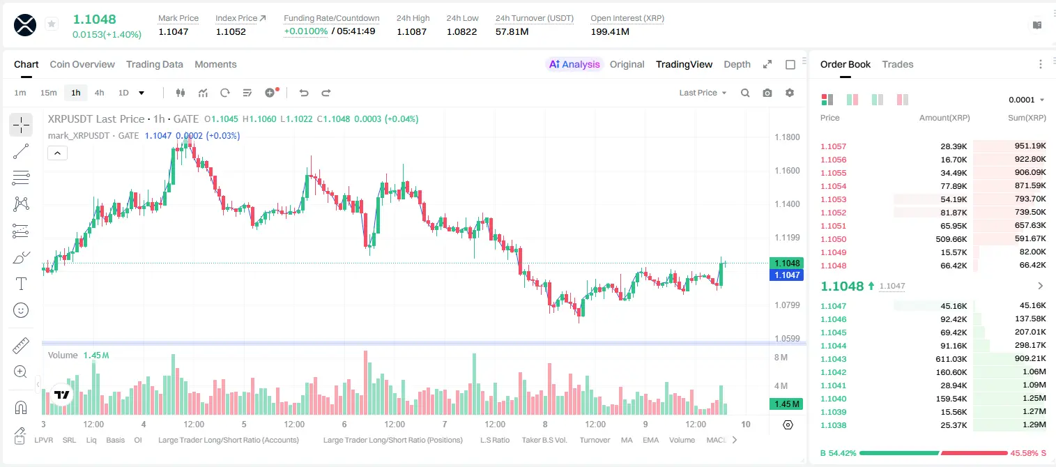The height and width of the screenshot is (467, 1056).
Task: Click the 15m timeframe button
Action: (49, 93)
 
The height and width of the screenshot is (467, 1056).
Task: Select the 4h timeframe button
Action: (99, 93)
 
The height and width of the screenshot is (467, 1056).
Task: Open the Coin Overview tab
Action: (82, 65)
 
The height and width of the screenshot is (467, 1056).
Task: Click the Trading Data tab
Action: (155, 65)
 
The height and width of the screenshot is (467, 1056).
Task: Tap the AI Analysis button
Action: (574, 65)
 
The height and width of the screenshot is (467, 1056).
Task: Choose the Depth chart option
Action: (737, 65)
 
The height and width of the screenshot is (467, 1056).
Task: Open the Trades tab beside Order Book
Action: (898, 65)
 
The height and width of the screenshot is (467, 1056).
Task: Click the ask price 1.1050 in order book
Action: (834, 239)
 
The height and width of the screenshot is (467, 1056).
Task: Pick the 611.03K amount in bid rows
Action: (951, 359)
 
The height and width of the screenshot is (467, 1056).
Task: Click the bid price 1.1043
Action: (834, 359)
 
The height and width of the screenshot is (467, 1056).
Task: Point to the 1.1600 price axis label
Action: (787, 171)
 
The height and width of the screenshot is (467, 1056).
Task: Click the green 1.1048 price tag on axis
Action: (787, 263)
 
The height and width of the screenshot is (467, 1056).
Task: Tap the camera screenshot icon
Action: (767, 93)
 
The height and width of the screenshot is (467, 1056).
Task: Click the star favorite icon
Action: (52, 24)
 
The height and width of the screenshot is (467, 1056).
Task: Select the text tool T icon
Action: (21, 284)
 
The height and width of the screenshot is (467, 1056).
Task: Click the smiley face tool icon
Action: (21, 310)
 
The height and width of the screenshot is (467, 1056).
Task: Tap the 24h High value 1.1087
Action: (411, 31)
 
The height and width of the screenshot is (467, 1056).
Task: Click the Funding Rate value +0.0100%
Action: (305, 31)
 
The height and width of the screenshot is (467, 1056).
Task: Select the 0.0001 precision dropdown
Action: (1026, 100)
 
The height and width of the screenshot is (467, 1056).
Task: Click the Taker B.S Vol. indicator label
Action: (544, 440)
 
